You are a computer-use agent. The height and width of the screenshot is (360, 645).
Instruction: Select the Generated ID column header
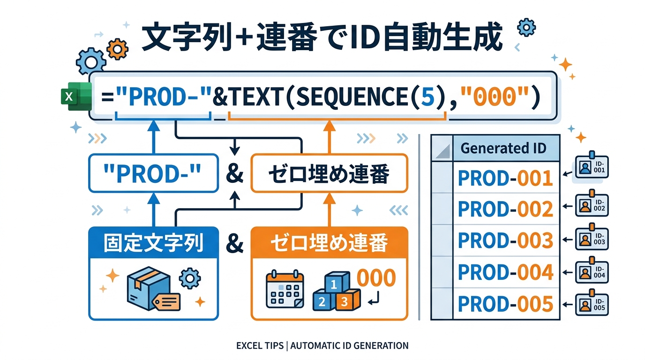click(x=503, y=149)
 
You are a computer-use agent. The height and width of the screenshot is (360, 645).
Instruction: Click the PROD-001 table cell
click(x=505, y=178)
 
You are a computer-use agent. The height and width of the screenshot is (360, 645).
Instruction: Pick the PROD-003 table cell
click(x=505, y=240)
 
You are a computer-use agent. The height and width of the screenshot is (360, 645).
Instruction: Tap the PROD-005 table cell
click(x=505, y=304)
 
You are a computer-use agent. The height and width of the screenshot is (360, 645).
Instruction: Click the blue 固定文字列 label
click(x=153, y=244)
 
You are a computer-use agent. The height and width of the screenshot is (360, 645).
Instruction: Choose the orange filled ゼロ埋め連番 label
click(x=329, y=244)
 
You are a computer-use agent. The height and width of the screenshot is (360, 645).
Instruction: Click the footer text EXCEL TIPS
click(x=260, y=346)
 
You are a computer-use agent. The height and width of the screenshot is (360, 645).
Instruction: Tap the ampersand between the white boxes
click(x=234, y=174)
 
